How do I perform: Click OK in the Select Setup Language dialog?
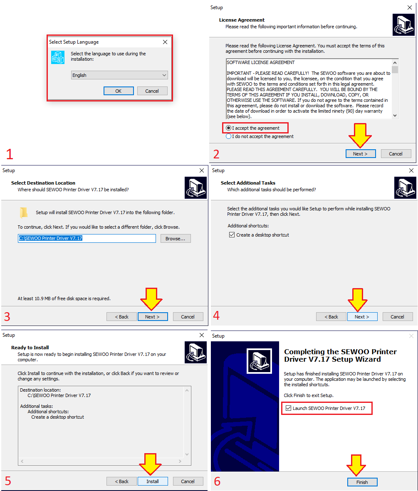119,91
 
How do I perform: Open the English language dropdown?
119,75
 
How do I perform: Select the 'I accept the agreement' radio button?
229,128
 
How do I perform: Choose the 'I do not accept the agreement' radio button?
229,136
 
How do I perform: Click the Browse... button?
176,238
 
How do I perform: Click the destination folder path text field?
87,238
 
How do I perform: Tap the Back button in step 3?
121,316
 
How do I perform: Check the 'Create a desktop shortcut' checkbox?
232,234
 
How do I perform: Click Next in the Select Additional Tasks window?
362,316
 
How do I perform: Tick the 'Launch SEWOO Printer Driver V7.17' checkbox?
288,408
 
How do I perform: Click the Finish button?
362,482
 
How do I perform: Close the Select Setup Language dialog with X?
165,42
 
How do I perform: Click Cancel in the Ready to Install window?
188,481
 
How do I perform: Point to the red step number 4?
216,315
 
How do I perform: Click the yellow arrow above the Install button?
151,464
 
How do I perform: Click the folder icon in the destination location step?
24,212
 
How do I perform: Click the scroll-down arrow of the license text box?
395,116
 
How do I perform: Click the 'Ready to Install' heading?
30,347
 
